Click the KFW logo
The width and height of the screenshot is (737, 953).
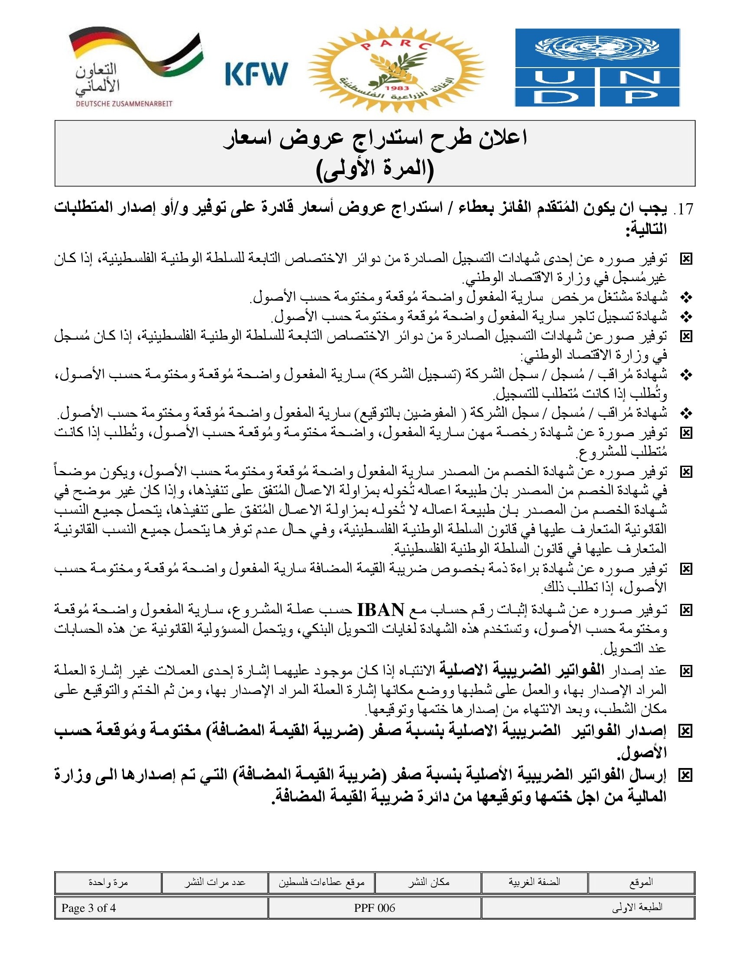click(257, 73)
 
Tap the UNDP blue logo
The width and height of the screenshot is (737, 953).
click(597, 68)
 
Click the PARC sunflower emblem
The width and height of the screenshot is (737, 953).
click(396, 69)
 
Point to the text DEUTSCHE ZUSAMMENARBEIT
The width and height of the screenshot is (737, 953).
click(124, 104)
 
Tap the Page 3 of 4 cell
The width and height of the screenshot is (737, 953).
click(88, 908)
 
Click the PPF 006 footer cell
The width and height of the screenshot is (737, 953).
click(374, 908)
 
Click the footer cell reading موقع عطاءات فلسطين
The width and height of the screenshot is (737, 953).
click(322, 882)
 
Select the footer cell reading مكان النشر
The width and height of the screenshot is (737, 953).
click(428, 882)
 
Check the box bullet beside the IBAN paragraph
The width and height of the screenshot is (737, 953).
click(686, 610)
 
